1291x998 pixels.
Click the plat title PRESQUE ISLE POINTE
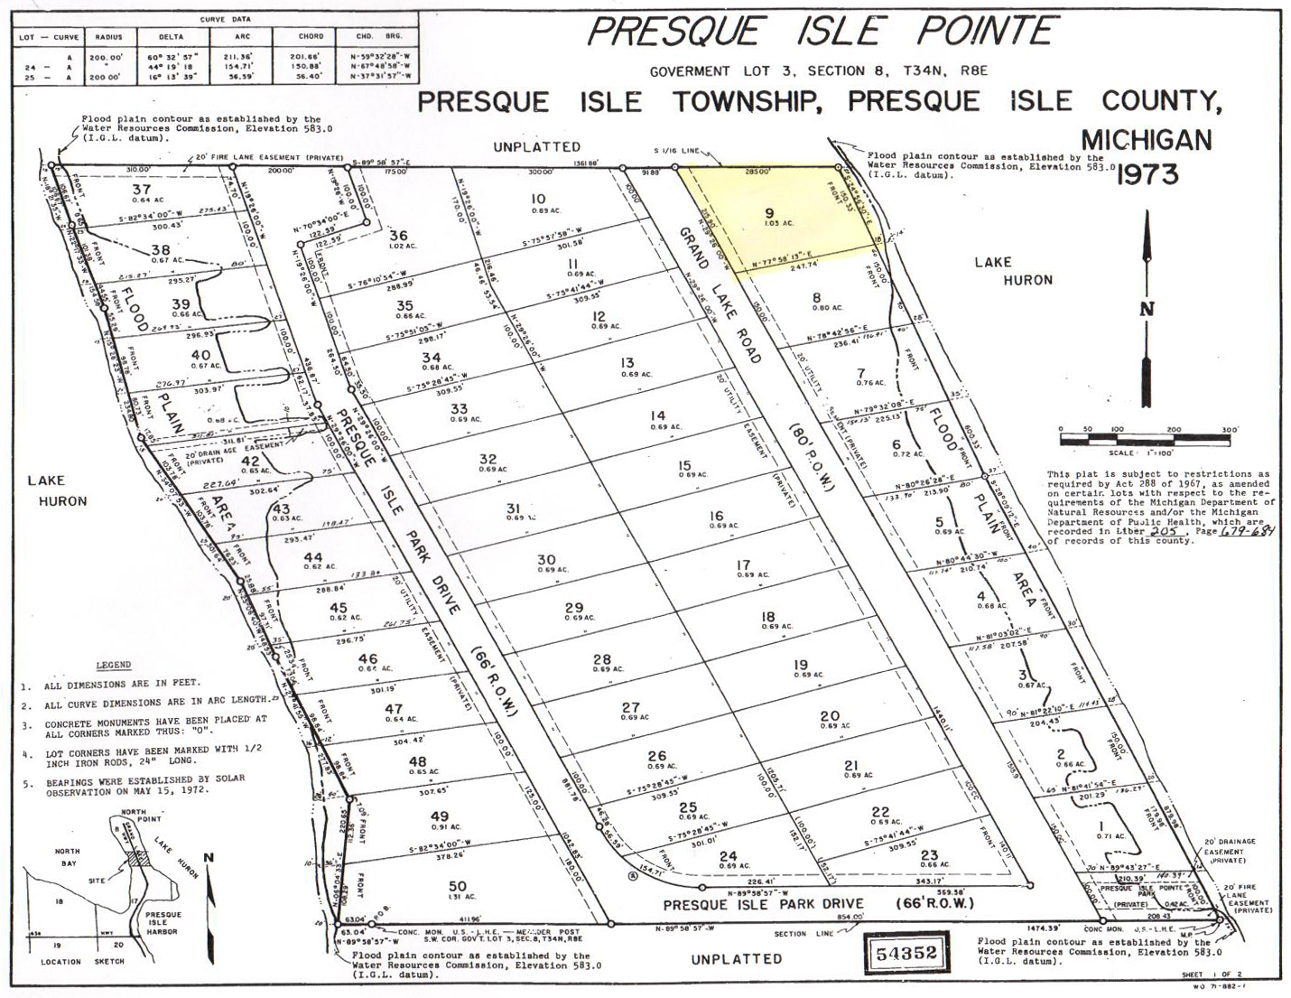click(x=821, y=32)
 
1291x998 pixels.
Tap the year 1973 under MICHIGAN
click(x=1147, y=174)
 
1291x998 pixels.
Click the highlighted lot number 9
click(x=769, y=214)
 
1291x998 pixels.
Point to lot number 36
click(x=398, y=236)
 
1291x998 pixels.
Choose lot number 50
click(x=458, y=886)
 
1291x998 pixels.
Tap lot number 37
click(x=141, y=189)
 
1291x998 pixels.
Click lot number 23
click(x=929, y=854)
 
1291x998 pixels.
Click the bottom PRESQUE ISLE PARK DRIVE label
click(x=764, y=903)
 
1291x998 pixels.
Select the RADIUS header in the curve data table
click(x=123, y=37)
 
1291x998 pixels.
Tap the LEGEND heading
click(x=113, y=666)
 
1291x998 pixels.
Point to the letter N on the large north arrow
click(x=1147, y=308)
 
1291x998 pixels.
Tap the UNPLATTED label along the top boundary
click(x=537, y=146)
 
